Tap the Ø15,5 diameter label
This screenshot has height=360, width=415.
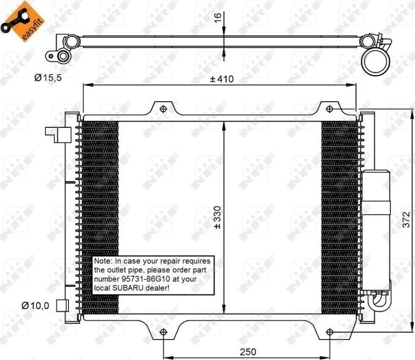click(x=49, y=78)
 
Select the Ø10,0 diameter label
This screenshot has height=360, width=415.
click(x=35, y=306)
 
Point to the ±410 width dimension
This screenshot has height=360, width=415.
click(x=222, y=79)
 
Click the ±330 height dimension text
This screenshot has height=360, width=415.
click(x=217, y=216)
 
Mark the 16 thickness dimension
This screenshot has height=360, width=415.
click(x=217, y=17)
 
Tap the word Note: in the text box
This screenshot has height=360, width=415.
click(x=102, y=261)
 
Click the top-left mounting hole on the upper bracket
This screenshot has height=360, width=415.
click(x=163, y=109)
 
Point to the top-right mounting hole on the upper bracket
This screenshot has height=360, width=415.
click(x=332, y=109)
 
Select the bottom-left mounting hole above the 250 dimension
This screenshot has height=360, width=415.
click(x=164, y=332)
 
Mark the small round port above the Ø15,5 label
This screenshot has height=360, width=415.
click(x=64, y=57)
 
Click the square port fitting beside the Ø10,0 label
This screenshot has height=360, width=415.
click(x=62, y=305)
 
